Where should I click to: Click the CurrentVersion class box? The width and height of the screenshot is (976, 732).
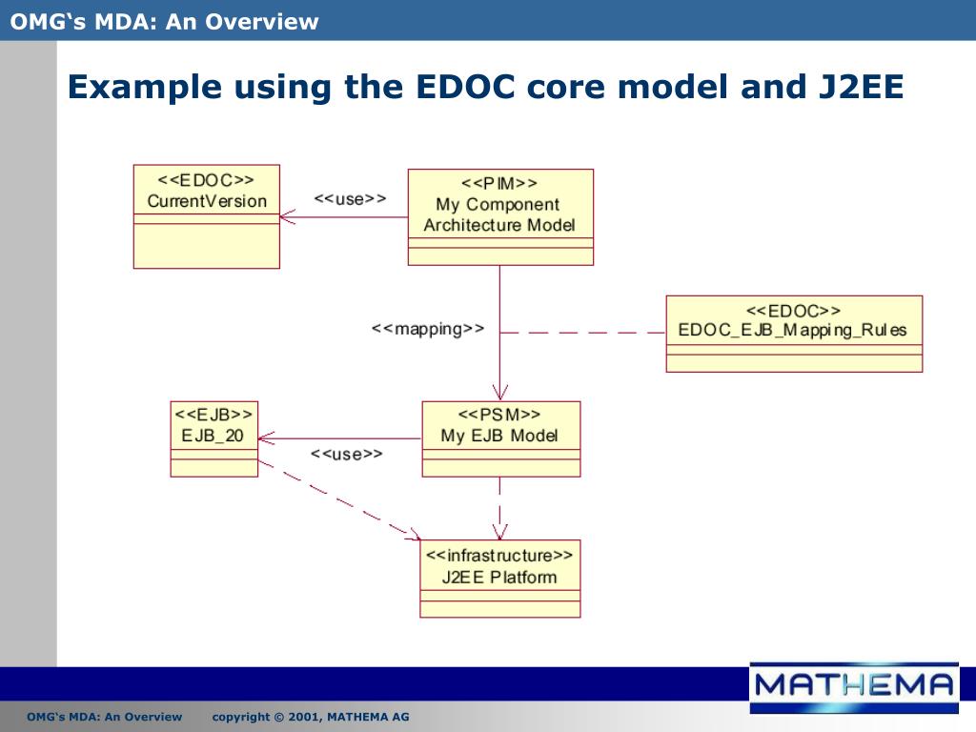coord(206,216)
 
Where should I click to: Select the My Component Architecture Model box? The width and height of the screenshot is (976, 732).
coord(499,217)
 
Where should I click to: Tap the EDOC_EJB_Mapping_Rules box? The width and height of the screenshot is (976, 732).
coord(793,333)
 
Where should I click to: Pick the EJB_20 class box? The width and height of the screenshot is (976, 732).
coord(213,438)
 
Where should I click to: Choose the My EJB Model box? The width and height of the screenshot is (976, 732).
coord(499,438)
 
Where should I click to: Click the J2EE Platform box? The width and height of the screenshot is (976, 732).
coord(499,579)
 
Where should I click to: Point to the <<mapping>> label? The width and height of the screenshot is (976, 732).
coord(427,329)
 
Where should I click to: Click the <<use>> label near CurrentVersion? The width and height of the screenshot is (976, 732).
coord(350,199)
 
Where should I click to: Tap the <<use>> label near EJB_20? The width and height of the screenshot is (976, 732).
coord(346,455)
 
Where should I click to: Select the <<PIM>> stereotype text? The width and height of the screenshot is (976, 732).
coord(499,183)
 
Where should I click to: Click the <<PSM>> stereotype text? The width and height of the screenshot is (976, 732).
coord(499,415)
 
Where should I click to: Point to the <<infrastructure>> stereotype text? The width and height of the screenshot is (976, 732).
coord(499,556)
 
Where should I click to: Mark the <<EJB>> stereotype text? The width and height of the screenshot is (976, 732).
coord(213,415)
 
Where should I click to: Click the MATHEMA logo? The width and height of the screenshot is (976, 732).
coord(852,684)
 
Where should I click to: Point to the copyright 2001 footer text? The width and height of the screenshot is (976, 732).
coord(311,717)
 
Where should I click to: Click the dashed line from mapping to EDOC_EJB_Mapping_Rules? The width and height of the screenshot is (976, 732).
coord(581,333)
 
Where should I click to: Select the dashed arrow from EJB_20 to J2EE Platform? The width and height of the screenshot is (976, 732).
coord(338,501)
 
